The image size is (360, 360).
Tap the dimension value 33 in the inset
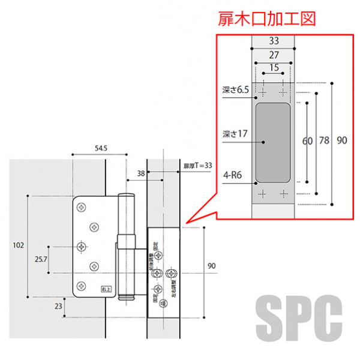(x=274, y=41)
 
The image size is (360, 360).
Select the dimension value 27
(x=274, y=55)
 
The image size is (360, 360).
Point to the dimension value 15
(x=274, y=68)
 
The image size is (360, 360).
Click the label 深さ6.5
(x=235, y=90)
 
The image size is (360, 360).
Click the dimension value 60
(x=308, y=141)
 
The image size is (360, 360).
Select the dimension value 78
(x=324, y=141)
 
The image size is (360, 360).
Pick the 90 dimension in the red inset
(x=341, y=141)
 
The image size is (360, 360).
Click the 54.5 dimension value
(x=100, y=148)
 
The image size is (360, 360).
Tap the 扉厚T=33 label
(x=199, y=165)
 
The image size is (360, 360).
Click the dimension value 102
(x=19, y=245)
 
